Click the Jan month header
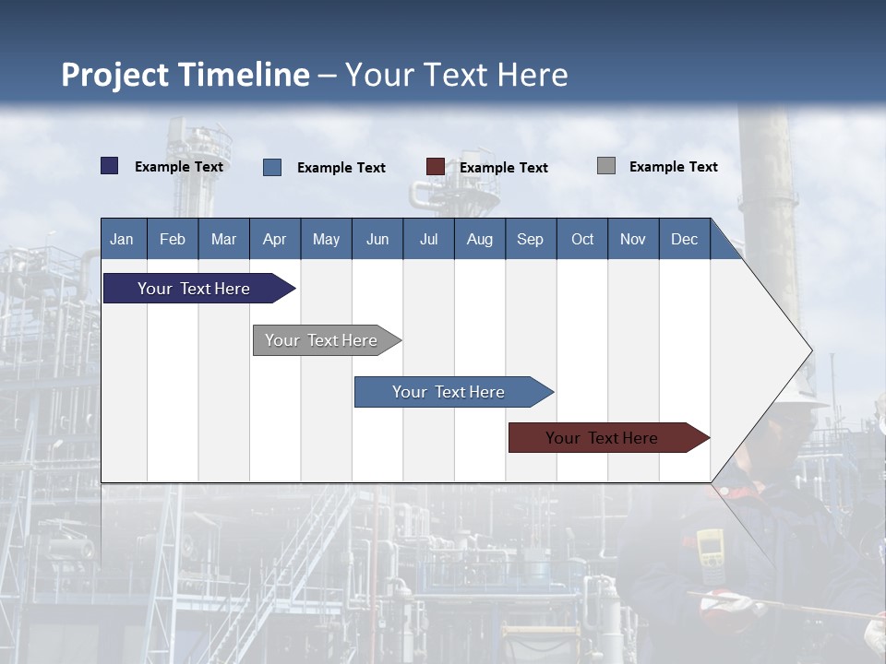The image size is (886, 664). pyautogui.click(x=122, y=239)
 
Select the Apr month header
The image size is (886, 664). pyautogui.click(x=274, y=239)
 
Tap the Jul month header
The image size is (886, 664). pyautogui.click(x=428, y=239)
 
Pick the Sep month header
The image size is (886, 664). pyautogui.click(x=530, y=239)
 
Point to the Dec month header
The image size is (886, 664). pyautogui.click(x=684, y=239)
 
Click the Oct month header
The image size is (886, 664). pyautogui.click(x=581, y=239)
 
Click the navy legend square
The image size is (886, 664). pyautogui.click(x=110, y=166)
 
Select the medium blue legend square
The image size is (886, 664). pyautogui.click(x=272, y=167)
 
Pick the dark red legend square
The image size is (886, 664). pyautogui.click(x=435, y=167)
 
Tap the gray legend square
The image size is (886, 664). pyautogui.click(x=606, y=166)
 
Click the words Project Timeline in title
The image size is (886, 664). pyautogui.click(x=186, y=75)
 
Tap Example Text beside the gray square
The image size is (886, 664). pyautogui.click(x=673, y=166)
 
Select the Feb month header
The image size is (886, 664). pyautogui.click(x=173, y=239)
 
